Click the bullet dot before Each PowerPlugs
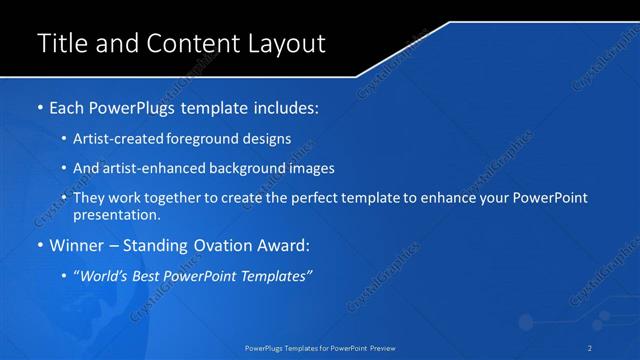coord(39,106)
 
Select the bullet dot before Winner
coord(39,245)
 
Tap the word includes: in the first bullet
coord(287,106)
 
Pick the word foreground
coord(205,138)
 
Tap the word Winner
coord(78,245)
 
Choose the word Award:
coord(286,245)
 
